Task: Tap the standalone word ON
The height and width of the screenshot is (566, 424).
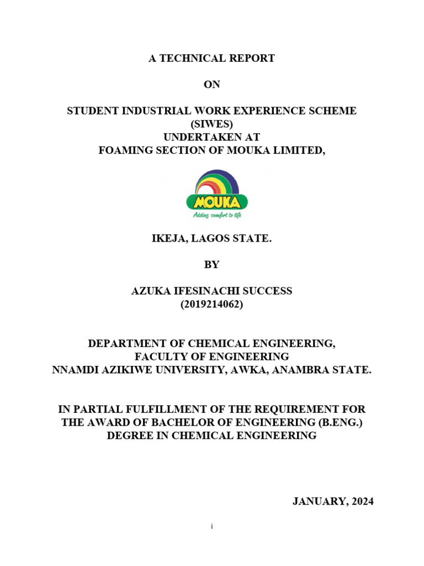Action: click(x=211, y=85)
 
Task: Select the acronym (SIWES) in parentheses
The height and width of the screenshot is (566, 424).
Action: click(x=211, y=124)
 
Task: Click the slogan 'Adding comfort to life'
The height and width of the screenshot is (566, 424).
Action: click(x=217, y=215)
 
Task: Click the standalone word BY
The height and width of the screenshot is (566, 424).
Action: click(x=211, y=265)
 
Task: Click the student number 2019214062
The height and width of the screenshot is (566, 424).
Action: click(x=211, y=303)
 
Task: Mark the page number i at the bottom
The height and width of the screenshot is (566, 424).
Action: click(x=211, y=527)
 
